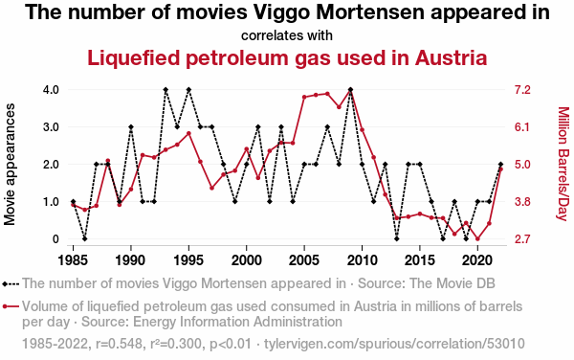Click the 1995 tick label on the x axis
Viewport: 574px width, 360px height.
(x=188, y=260)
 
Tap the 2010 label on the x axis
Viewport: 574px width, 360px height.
(x=362, y=260)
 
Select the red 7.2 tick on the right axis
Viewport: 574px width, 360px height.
(x=522, y=90)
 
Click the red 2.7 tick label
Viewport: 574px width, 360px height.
(x=522, y=239)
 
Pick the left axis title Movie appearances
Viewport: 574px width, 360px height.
(x=10, y=164)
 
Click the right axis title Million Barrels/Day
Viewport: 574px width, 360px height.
(x=563, y=164)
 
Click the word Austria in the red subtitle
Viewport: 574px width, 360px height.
(x=451, y=57)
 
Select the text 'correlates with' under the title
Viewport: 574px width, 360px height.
(x=287, y=35)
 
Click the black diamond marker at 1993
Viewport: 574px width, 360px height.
(x=166, y=90)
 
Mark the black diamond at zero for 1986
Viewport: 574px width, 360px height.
(x=84, y=238)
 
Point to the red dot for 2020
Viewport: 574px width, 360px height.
(x=477, y=238)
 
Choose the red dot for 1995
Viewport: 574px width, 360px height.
(x=188, y=133)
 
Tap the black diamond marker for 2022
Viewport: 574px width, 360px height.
(x=500, y=165)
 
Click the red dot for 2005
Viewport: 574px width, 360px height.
(x=304, y=97)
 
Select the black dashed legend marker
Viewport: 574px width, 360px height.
(x=11, y=283)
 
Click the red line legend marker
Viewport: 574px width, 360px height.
(x=11, y=306)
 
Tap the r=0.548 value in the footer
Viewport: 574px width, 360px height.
(x=119, y=344)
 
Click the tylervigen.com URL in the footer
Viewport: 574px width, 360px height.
(x=394, y=344)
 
